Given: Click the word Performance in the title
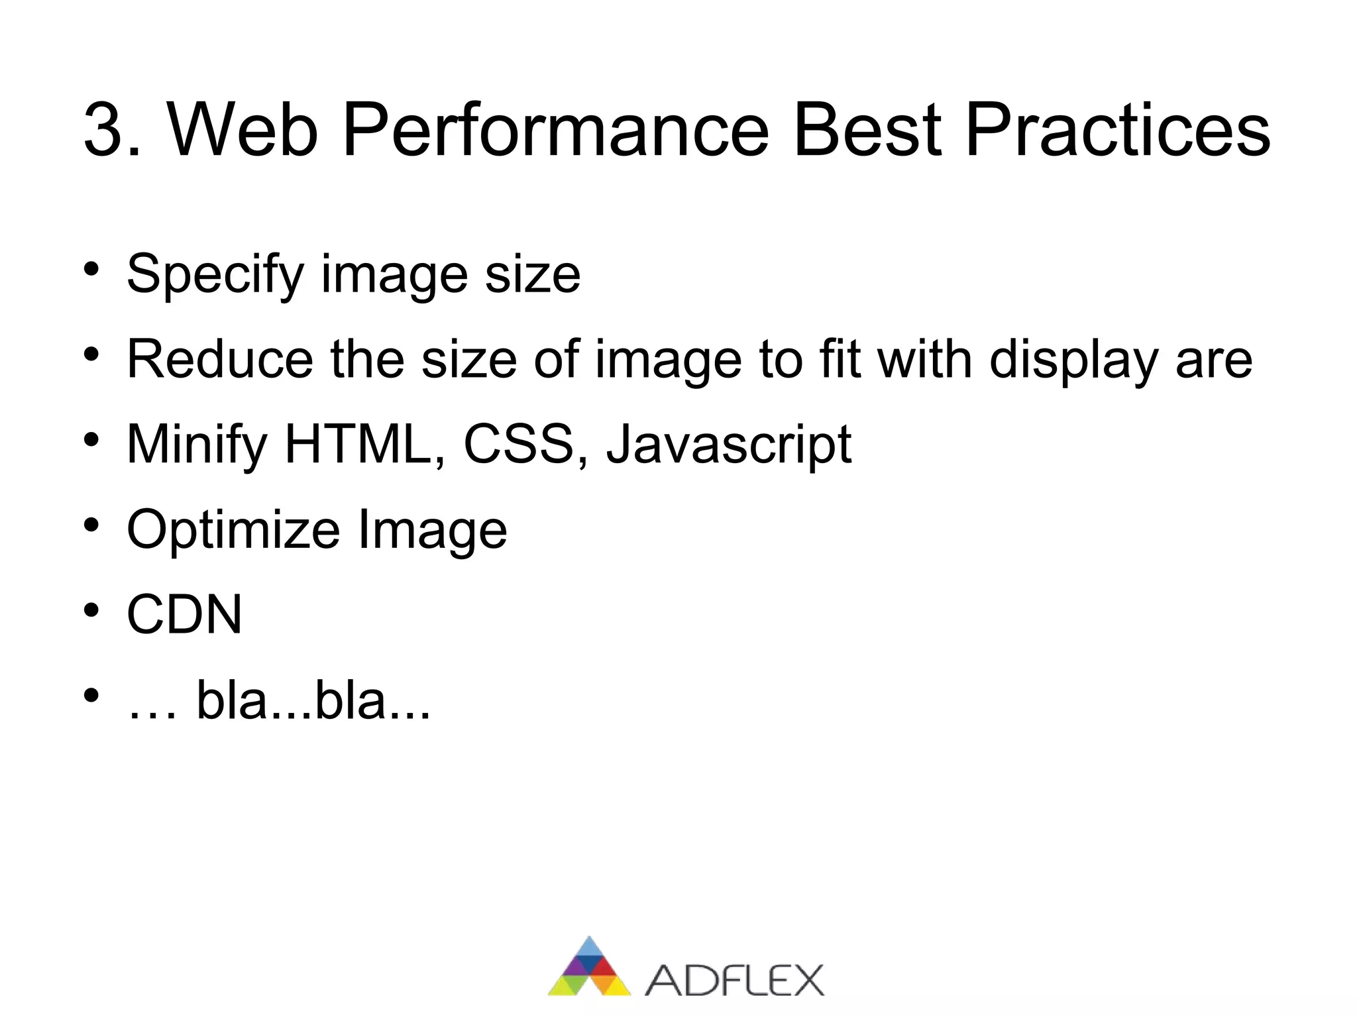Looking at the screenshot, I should coord(555,130).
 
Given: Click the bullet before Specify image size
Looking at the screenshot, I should coord(91,269).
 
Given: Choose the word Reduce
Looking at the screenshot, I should coord(219,359).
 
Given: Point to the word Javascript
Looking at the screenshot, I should coord(729,445).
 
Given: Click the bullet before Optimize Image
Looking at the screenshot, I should coord(91,525).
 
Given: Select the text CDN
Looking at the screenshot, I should coord(184,614).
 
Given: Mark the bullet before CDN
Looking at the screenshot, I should coord(91,610).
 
